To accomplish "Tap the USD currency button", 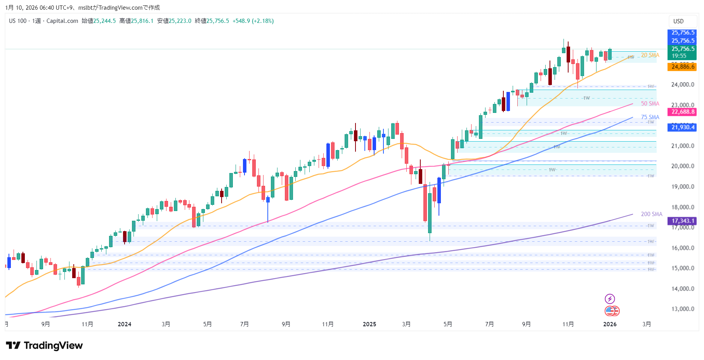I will coord(678,21).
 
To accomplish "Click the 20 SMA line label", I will coord(650,55).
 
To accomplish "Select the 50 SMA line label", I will coord(650,104).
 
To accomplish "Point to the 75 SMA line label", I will coord(650,117).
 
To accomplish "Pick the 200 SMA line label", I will coord(651,214).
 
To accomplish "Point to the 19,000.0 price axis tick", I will coord(683,187).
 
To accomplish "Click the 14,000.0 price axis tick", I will coord(683,289).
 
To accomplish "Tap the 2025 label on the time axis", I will coord(369,324).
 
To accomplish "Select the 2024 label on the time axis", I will coord(125,324).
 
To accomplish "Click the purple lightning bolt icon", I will coord(610,299).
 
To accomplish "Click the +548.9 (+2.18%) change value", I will coord(253,21).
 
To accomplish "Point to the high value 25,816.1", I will coord(142,21).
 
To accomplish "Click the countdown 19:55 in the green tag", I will coord(679,56).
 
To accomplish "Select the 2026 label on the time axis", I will coord(610,324).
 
